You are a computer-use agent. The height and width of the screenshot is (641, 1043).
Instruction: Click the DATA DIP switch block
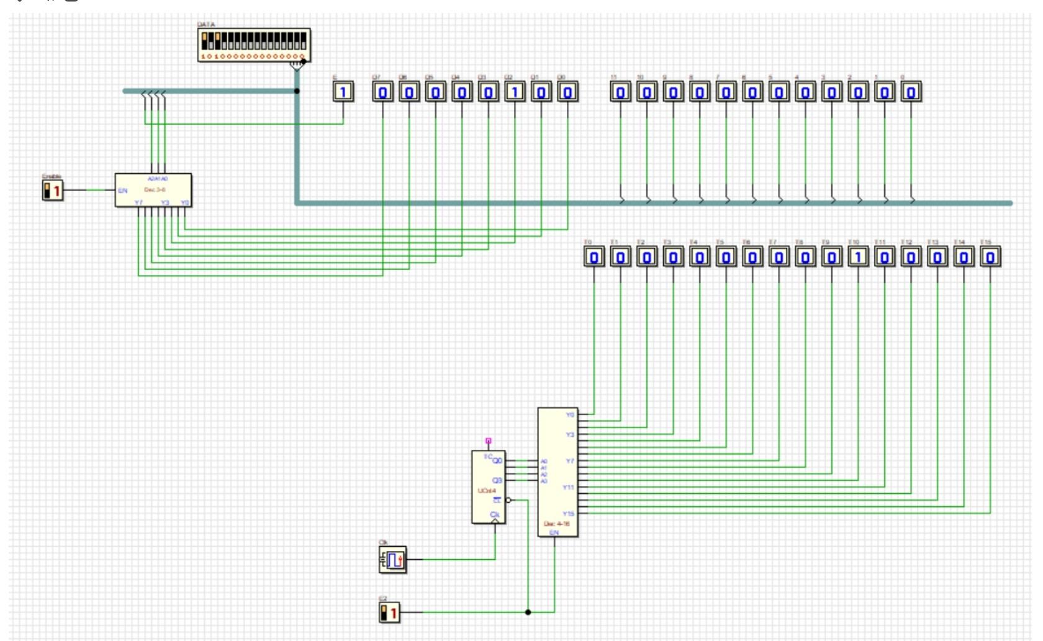coord(254,45)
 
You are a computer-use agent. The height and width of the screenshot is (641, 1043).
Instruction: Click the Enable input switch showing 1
coord(53,191)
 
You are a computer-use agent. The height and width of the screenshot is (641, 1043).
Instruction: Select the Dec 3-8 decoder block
coord(153,191)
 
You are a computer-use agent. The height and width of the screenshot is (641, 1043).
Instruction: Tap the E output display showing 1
coord(343,92)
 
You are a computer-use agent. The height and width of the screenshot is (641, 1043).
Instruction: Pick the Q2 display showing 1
coord(515,92)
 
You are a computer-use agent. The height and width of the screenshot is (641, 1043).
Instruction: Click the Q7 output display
coord(382,92)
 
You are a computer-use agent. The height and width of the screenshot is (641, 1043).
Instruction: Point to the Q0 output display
coord(567,92)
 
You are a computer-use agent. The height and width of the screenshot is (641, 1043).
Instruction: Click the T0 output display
coord(594,257)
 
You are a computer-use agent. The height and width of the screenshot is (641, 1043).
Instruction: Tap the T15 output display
coord(990,257)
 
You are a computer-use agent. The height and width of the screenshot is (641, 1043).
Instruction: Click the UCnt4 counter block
coord(489,487)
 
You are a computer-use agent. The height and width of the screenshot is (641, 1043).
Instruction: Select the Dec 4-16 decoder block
coord(557,472)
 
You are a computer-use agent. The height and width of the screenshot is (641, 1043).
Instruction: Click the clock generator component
coord(393,560)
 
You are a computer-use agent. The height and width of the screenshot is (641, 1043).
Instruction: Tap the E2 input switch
coord(389,612)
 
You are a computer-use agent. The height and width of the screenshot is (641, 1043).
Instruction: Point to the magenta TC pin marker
coord(489,441)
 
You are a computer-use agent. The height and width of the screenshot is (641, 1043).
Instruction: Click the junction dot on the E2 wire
coord(528,612)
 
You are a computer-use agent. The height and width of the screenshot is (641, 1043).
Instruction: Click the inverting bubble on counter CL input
coord(508,500)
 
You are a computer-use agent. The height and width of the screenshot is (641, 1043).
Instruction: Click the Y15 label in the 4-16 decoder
coord(569,514)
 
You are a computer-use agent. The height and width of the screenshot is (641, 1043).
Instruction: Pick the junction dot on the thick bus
coord(297,91)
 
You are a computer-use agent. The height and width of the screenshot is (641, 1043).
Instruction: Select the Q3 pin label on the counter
coord(497,480)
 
